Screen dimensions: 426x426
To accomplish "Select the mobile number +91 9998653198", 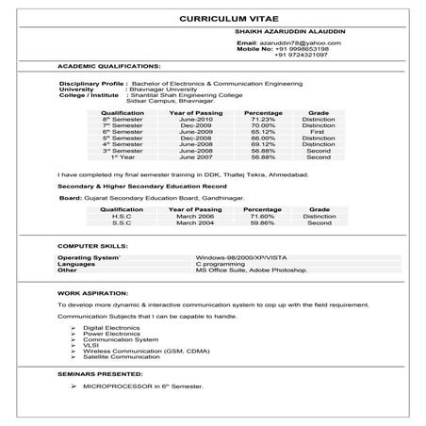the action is [x=302, y=49].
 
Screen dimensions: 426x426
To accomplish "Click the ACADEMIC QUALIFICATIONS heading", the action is [x=108, y=68].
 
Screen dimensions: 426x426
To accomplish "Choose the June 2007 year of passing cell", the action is [x=194, y=156].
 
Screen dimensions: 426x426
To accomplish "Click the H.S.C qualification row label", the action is [x=122, y=216].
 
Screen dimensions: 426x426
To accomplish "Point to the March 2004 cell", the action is [x=194, y=222].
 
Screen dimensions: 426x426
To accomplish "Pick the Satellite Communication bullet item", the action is [x=120, y=357].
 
